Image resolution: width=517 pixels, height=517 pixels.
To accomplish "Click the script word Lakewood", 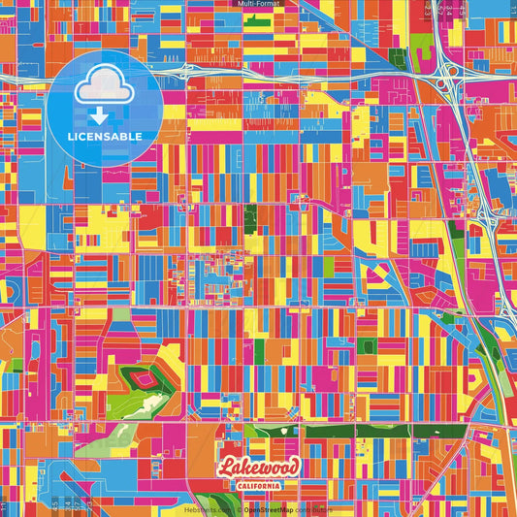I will point(259,468).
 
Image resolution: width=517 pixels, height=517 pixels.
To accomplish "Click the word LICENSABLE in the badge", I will point(104,136).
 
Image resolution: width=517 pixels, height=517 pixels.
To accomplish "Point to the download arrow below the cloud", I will point(99,114).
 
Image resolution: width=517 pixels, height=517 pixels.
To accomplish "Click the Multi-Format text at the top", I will point(259,4).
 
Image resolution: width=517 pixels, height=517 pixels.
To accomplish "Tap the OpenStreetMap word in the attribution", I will point(269,509).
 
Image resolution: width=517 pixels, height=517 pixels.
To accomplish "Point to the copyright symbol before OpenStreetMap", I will point(240,509).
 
